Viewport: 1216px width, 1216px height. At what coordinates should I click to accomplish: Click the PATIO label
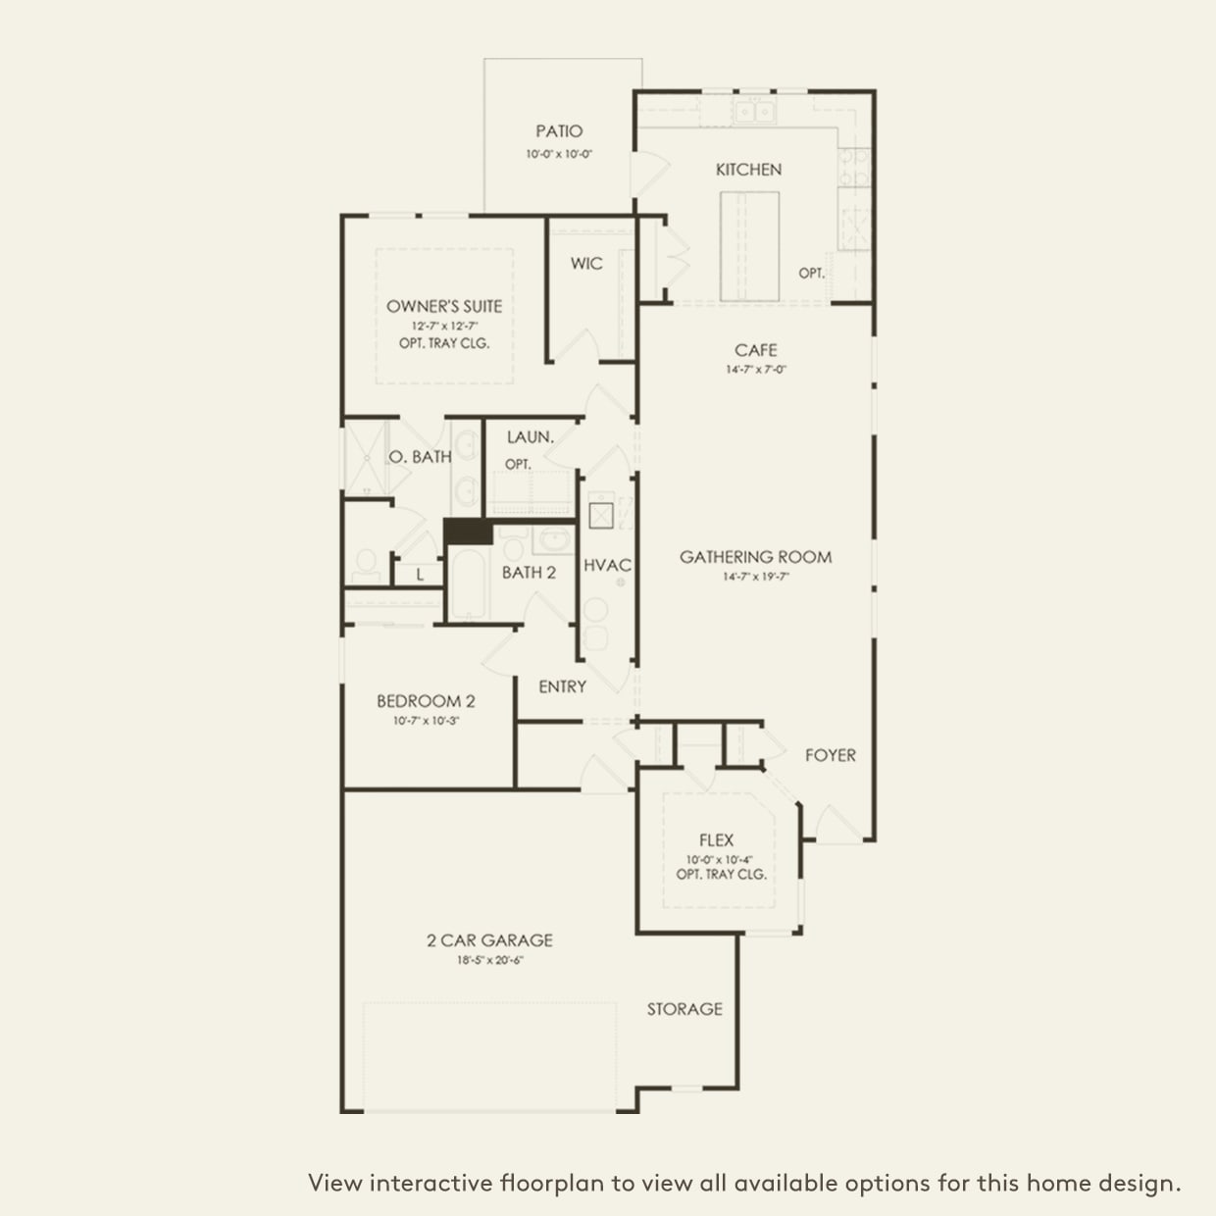click(559, 130)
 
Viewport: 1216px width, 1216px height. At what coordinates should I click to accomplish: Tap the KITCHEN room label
click(748, 170)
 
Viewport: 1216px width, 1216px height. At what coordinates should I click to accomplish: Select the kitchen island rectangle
click(750, 245)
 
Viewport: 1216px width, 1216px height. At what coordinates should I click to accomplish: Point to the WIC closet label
click(586, 263)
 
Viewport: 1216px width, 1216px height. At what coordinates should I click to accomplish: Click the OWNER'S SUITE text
click(444, 306)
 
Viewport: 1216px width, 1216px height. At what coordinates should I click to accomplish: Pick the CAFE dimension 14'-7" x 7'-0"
click(756, 370)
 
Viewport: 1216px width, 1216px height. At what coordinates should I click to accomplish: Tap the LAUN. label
click(531, 437)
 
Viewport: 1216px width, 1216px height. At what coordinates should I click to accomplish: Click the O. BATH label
click(421, 456)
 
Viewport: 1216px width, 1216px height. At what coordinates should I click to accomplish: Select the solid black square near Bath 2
click(468, 532)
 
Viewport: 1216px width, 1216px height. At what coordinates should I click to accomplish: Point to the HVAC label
click(607, 565)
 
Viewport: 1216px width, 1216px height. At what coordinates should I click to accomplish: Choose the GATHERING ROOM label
click(756, 557)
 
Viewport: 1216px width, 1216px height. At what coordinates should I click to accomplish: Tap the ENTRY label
click(562, 686)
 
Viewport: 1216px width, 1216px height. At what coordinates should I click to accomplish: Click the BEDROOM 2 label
click(426, 701)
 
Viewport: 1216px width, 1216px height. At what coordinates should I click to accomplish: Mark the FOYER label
click(830, 755)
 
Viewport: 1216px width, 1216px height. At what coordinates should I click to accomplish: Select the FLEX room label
click(716, 839)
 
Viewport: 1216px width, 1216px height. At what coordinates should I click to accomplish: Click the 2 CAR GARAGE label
click(489, 939)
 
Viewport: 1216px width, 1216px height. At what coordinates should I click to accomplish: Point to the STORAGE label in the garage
click(684, 1008)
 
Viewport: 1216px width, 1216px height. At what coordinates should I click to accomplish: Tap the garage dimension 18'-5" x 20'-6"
click(489, 960)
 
